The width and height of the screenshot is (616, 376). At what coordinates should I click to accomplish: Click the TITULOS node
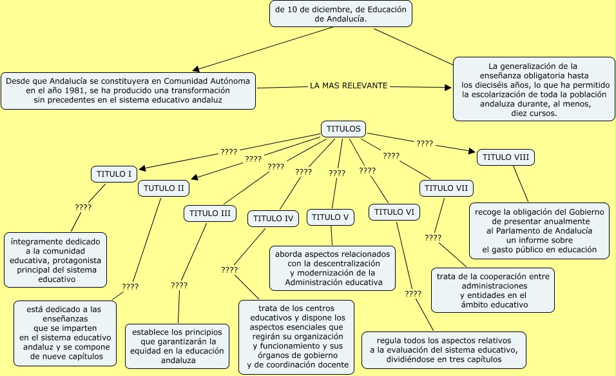coord(343,129)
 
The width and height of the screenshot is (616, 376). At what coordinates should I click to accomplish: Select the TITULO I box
coord(114,174)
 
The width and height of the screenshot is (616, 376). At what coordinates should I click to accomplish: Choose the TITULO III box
coord(211,213)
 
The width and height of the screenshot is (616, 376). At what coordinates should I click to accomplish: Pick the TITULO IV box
coord(273,219)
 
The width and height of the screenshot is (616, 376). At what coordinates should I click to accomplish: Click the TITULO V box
coord(330,217)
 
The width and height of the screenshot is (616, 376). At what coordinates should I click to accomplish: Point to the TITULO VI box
coord(394,212)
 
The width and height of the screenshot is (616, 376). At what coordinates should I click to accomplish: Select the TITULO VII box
coord(447,188)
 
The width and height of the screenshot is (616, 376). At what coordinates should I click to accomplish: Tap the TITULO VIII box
coord(506,157)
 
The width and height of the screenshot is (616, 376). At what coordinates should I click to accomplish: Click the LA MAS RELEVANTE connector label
coord(349,86)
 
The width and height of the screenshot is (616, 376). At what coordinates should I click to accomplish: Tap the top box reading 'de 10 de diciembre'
coord(340,14)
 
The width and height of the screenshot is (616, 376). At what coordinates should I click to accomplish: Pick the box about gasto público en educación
coord(539,230)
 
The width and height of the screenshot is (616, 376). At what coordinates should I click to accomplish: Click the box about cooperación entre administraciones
coord(492,290)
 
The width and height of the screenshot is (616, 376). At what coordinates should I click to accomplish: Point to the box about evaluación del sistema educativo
coord(443,350)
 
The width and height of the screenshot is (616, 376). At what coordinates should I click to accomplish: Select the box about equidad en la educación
coord(177,346)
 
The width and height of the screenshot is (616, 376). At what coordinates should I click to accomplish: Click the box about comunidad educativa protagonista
coord(55,260)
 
